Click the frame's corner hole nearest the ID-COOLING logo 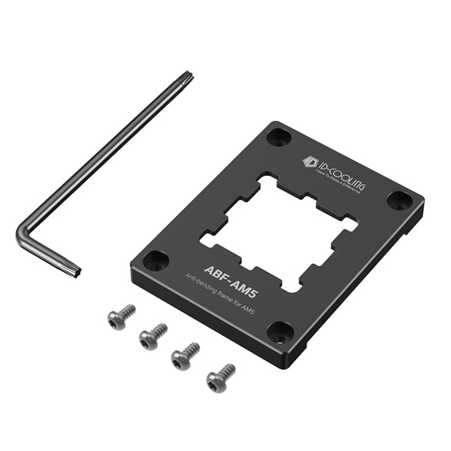(280, 138)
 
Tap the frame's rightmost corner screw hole (399, 201)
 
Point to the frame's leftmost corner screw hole (156, 262)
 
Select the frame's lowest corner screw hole (280, 331)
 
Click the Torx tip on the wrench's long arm (185, 77)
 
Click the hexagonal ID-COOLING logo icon (308, 161)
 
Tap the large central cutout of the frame (279, 229)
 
